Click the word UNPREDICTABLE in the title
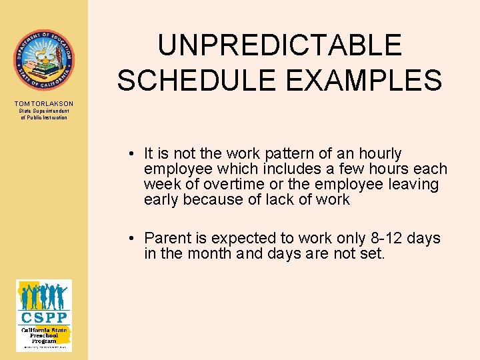coord(279,45)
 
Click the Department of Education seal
coord(44,60)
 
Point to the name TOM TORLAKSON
coord(44,104)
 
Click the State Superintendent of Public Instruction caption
coord(44,115)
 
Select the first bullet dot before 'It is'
coord(134,154)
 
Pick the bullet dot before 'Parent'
coord(134,239)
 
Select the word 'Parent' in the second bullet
coord(167,239)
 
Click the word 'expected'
coord(241,239)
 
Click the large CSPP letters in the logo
coord(44,316)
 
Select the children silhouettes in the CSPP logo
coord(44,296)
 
